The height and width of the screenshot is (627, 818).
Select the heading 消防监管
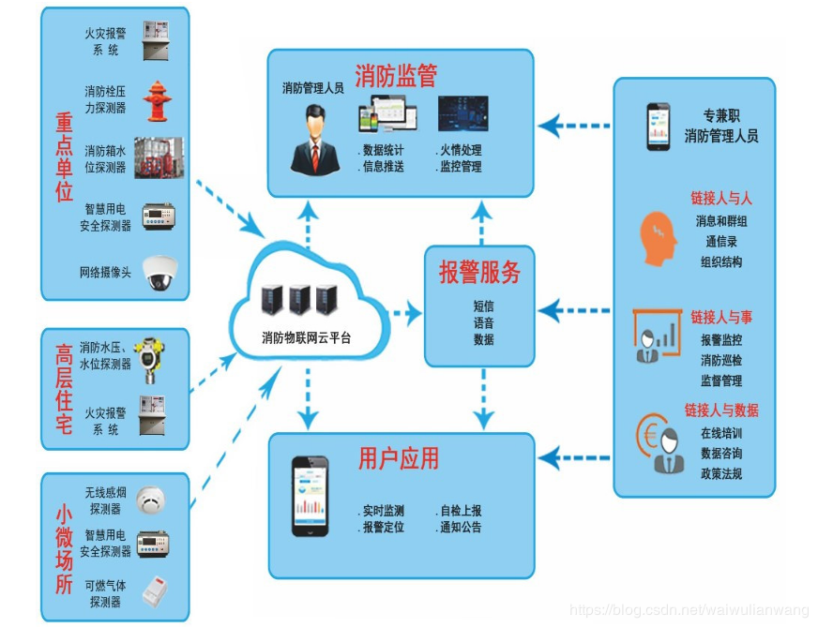tap(396, 76)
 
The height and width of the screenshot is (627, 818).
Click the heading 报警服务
tap(479, 273)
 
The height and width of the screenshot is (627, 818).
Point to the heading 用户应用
tap(399, 458)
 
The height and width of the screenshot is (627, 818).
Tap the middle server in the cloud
tap(299, 299)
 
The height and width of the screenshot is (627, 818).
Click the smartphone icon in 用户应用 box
tap(311, 496)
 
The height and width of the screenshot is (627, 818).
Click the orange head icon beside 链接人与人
tap(659, 231)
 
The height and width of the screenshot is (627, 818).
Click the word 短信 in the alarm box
tap(484, 306)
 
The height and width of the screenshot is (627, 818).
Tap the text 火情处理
tap(461, 150)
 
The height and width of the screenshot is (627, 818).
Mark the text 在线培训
tap(720, 434)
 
